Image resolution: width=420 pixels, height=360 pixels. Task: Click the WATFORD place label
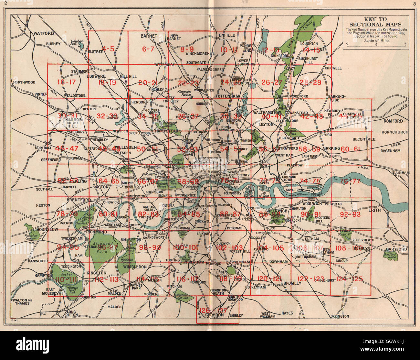[44, 34]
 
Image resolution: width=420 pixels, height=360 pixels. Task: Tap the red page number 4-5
[108, 49]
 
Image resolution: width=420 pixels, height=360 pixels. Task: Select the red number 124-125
[350, 278]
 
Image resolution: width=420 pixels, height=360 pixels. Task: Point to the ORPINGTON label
[340, 316]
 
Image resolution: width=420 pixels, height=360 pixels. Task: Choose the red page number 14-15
[311, 50]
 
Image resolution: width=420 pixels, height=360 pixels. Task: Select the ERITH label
[377, 210]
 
